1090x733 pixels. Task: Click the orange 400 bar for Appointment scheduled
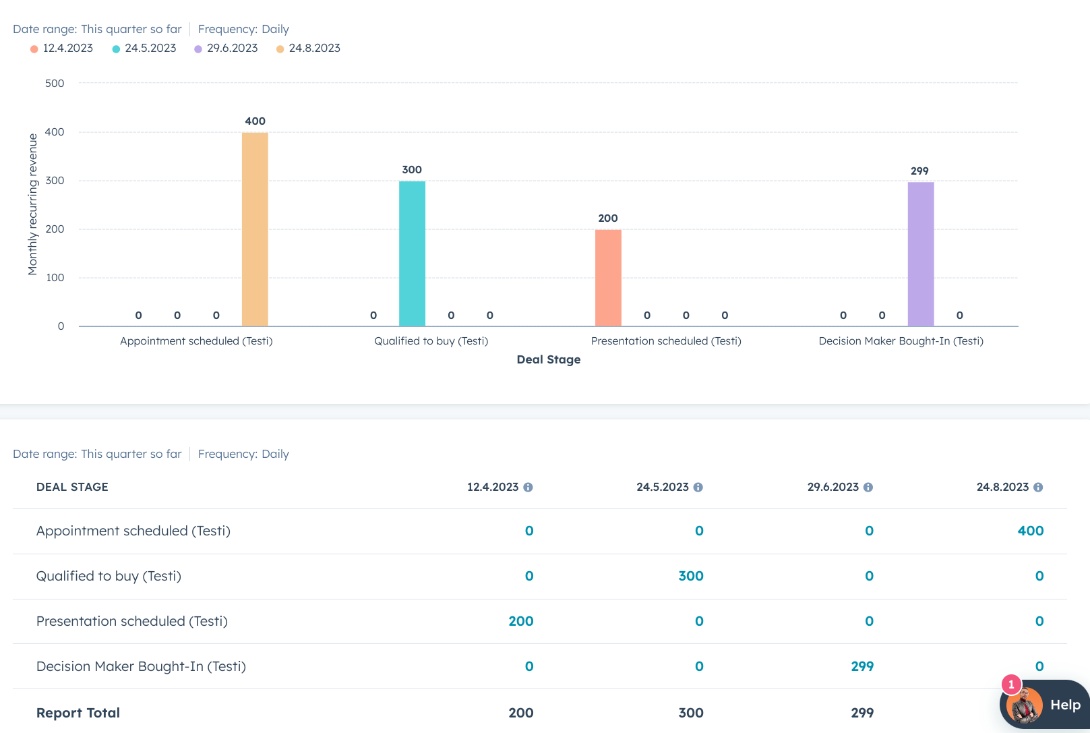[x=255, y=229]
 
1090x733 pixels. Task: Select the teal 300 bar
[x=412, y=254]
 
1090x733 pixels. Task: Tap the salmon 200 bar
[x=608, y=278]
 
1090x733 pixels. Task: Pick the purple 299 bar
[x=920, y=254]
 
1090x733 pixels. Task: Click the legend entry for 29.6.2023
[x=226, y=49]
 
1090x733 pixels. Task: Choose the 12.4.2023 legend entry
[x=62, y=49]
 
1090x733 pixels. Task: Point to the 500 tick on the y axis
[x=55, y=84]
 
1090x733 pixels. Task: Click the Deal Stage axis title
[x=548, y=359]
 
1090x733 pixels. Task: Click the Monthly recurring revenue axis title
[x=32, y=204]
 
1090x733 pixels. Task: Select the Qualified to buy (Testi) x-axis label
[x=431, y=341]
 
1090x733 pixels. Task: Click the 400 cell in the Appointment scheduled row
[x=1030, y=531]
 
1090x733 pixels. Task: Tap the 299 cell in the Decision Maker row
[x=861, y=666]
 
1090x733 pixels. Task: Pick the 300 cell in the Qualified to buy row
[x=690, y=576]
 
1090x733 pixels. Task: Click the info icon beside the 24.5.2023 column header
[x=698, y=487]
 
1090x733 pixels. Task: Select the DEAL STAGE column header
[x=72, y=487]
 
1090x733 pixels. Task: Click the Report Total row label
[x=78, y=713]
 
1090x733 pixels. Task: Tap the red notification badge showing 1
[x=1011, y=684]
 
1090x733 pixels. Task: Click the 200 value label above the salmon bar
[x=608, y=218]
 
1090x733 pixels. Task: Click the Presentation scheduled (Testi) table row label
[x=132, y=621]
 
